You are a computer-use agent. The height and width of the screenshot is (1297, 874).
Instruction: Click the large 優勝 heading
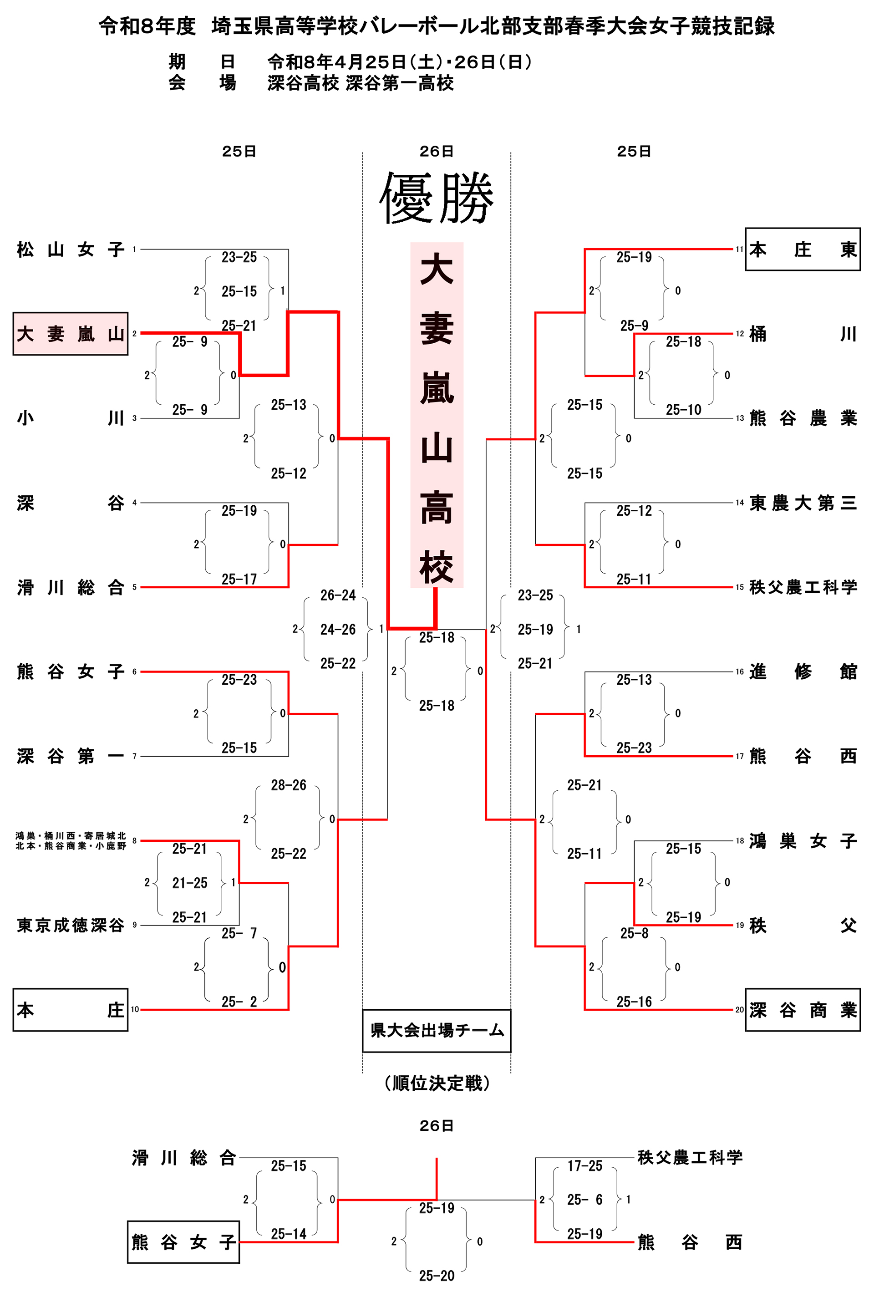(437, 198)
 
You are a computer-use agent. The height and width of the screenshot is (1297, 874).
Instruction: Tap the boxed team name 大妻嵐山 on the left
(70, 334)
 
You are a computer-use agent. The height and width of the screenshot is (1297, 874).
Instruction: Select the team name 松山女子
(70, 249)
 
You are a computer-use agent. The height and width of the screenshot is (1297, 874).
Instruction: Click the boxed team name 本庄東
(802, 249)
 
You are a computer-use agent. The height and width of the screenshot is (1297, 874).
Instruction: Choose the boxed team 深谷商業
(802, 1009)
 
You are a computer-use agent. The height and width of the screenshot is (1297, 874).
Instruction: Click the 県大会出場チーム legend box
(437, 1031)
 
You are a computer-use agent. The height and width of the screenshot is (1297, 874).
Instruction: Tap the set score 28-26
(289, 785)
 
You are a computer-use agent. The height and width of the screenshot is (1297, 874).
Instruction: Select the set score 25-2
(239, 1002)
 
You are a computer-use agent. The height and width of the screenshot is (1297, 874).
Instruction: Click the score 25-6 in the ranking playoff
(584, 1200)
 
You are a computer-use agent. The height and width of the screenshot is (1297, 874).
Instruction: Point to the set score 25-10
(683, 410)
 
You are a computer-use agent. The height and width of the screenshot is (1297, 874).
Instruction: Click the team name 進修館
(802, 671)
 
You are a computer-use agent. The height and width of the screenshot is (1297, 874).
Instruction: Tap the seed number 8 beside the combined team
(134, 840)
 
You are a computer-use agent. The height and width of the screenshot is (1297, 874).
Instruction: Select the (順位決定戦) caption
(437, 1083)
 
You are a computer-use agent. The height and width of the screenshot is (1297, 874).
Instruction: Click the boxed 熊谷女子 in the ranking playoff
(183, 1242)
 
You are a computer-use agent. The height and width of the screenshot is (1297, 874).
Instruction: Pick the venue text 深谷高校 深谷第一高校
(360, 83)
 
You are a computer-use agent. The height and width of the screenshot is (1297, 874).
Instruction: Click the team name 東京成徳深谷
(70, 925)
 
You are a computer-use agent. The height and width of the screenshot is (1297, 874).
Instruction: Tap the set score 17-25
(584, 1165)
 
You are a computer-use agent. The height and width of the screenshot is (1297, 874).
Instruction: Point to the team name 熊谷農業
(802, 418)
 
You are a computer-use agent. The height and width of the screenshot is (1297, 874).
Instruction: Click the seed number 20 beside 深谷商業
(739, 1009)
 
